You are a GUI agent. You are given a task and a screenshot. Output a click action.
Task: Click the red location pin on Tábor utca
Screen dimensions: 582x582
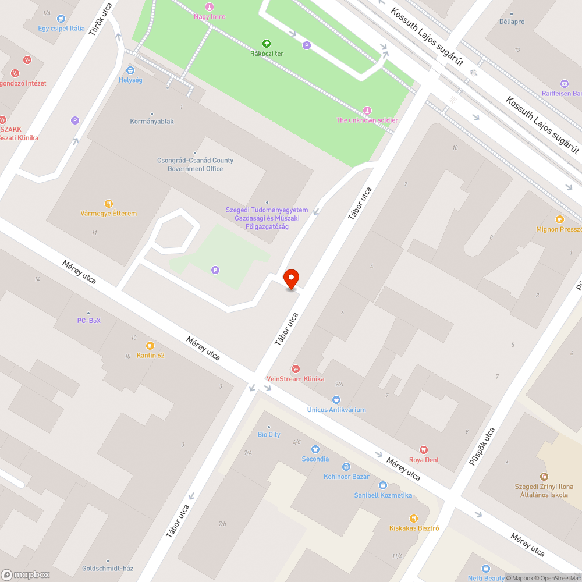pyautogui.click(x=290, y=279)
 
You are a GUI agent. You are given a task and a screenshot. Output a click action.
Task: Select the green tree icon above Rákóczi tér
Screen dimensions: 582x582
pyautogui.click(x=267, y=43)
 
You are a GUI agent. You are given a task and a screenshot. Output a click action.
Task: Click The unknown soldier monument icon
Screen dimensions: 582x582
pyautogui.click(x=367, y=111)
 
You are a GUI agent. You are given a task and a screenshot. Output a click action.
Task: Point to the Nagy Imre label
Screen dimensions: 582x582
pyautogui.click(x=210, y=16)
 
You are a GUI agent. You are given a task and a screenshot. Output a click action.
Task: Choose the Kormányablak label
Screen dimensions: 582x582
pyautogui.click(x=152, y=122)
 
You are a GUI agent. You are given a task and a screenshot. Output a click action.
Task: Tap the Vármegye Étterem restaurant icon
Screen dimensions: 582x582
pyautogui.click(x=108, y=204)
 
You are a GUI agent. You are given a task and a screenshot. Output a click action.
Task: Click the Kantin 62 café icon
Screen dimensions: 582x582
pyautogui.click(x=150, y=346)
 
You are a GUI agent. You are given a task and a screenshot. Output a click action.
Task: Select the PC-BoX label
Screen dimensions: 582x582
pyautogui.click(x=89, y=321)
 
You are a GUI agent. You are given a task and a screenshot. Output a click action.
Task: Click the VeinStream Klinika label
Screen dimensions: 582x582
pyautogui.click(x=295, y=379)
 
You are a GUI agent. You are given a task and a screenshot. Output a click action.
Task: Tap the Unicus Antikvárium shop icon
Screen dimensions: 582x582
pyautogui.click(x=336, y=400)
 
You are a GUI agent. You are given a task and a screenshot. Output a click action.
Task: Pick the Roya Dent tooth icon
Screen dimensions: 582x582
pyautogui.click(x=424, y=450)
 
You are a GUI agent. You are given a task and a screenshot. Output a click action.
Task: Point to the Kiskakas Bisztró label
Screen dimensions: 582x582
pyautogui.click(x=414, y=528)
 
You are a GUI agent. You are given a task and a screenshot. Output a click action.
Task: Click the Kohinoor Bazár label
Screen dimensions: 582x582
pyautogui.click(x=346, y=477)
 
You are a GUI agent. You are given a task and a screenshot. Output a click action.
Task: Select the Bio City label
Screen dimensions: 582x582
pyautogui.click(x=269, y=435)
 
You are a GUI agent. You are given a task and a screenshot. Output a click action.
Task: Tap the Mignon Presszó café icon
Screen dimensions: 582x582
pyautogui.click(x=560, y=219)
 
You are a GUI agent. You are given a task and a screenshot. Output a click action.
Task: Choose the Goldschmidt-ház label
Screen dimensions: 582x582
pyautogui.click(x=108, y=569)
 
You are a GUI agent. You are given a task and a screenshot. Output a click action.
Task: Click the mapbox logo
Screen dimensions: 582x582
pyautogui.click(x=26, y=574)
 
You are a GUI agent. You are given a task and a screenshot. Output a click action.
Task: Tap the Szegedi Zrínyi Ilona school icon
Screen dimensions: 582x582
pyautogui.click(x=544, y=477)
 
